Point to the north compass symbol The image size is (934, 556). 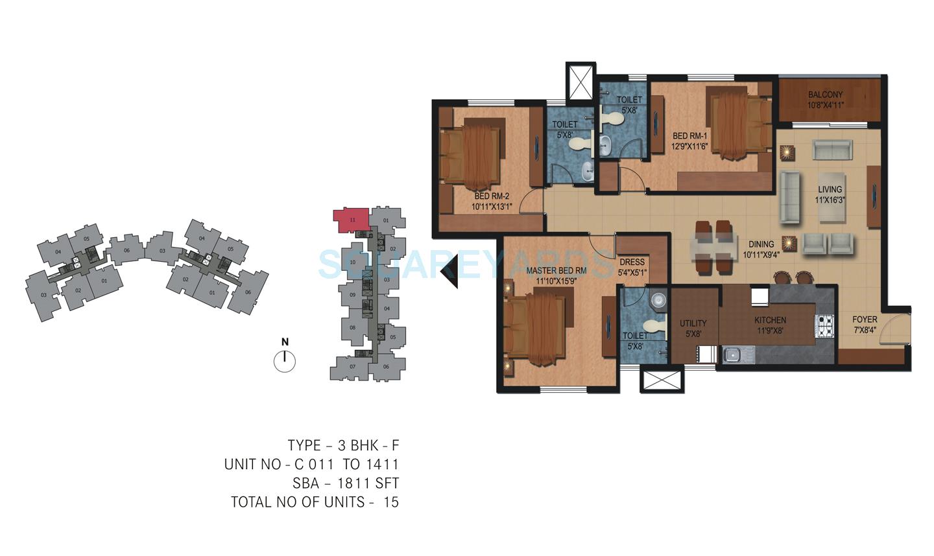click(285, 360)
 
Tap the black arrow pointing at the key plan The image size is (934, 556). click(449, 270)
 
